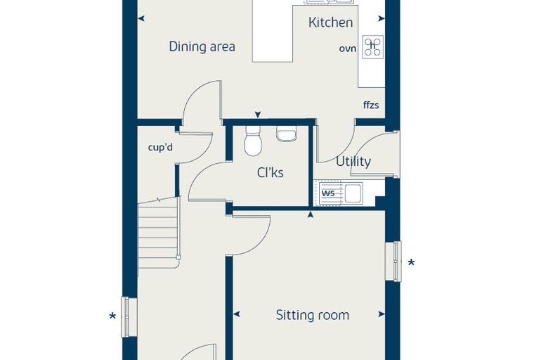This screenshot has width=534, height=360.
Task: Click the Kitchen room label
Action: click(x=330, y=22)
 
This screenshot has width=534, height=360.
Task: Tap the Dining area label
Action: click(x=202, y=46)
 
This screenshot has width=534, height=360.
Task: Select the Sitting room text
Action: click(x=312, y=315)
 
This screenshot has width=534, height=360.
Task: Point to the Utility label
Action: click(x=353, y=161)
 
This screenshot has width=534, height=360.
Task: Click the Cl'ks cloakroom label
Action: click(x=270, y=173)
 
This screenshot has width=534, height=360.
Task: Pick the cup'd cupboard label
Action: click(x=160, y=148)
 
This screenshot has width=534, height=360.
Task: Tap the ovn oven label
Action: click(x=347, y=49)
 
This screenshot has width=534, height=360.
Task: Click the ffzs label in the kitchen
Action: click(x=371, y=105)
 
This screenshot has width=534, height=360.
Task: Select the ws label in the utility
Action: click(x=328, y=193)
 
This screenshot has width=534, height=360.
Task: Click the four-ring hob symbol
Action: click(x=373, y=46)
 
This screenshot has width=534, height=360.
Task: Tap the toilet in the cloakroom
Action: click(x=253, y=141)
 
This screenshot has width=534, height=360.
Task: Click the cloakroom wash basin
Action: click(x=287, y=134)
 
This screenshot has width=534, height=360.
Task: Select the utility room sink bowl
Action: click(x=353, y=193)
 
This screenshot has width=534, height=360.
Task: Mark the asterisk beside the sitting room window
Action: click(x=412, y=263)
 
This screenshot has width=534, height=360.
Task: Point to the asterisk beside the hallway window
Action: click(x=112, y=316)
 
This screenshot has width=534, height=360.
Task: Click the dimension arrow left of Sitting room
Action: click(x=236, y=314)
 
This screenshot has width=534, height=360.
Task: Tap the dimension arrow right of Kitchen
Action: click(x=382, y=19)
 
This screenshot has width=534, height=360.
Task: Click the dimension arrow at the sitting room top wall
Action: click(x=311, y=214)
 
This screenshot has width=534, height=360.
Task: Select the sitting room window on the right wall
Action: click(x=394, y=262)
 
